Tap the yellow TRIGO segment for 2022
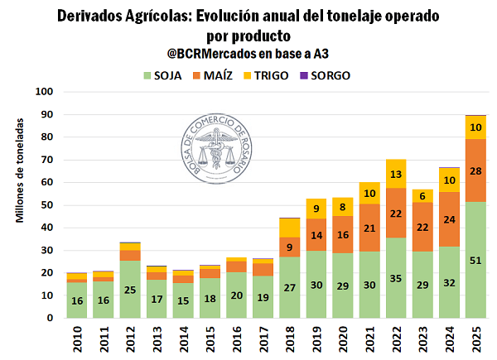click(396, 174)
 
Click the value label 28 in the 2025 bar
click(475, 170)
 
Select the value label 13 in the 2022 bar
click(396, 174)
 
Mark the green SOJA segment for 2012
click(130, 289)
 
